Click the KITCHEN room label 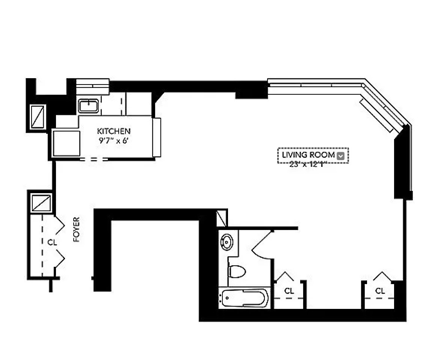pyautogui.click(x=114, y=131)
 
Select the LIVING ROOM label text pyautogui.click(x=308, y=155)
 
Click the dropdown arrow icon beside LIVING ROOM pyautogui.click(x=341, y=156)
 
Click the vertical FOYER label pyautogui.click(x=77, y=229)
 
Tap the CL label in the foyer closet pyautogui.click(x=52, y=243)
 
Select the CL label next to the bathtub pyautogui.click(x=289, y=290)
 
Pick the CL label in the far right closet pyautogui.click(x=380, y=290)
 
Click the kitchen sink pyautogui.click(x=89, y=106)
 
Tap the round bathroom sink pyautogui.click(x=227, y=242)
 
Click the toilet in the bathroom pyautogui.click(x=237, y=271)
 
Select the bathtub pyautogui.click(x=244, y=299)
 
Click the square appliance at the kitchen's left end pyautogui.click(x=66, y=143)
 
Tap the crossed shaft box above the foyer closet pyautogui.click(x=41, y=203)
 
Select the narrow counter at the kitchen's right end pyautogui.click(x=157, y=137)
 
